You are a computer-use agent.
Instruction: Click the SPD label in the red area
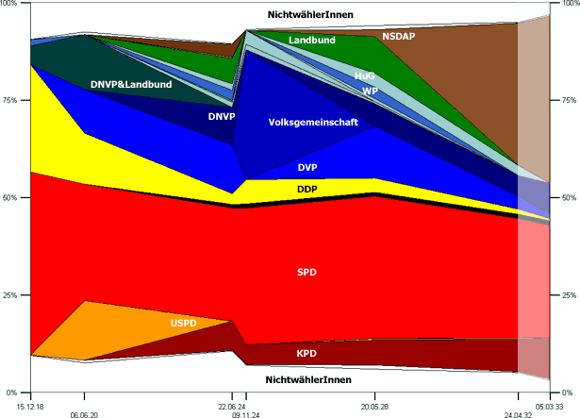[x=307, y=272]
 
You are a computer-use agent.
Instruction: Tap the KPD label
[x=307, y=354]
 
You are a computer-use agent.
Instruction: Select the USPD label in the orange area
[x=184, y=324]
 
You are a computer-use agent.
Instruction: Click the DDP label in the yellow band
[x=307, y=189]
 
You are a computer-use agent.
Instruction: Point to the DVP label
[x=307, y=167]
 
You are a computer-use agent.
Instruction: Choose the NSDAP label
[x=400, y=36]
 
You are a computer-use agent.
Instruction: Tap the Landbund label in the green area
[x=312, y=41]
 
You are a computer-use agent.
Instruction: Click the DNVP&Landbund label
[x=131, y=85]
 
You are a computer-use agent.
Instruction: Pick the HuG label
[x=365, y=75]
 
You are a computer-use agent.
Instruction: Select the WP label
[x=370, y=91]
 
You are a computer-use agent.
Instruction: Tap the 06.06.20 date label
[x=85, y=413]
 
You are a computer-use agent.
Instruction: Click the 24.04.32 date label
[x=518, y=413]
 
